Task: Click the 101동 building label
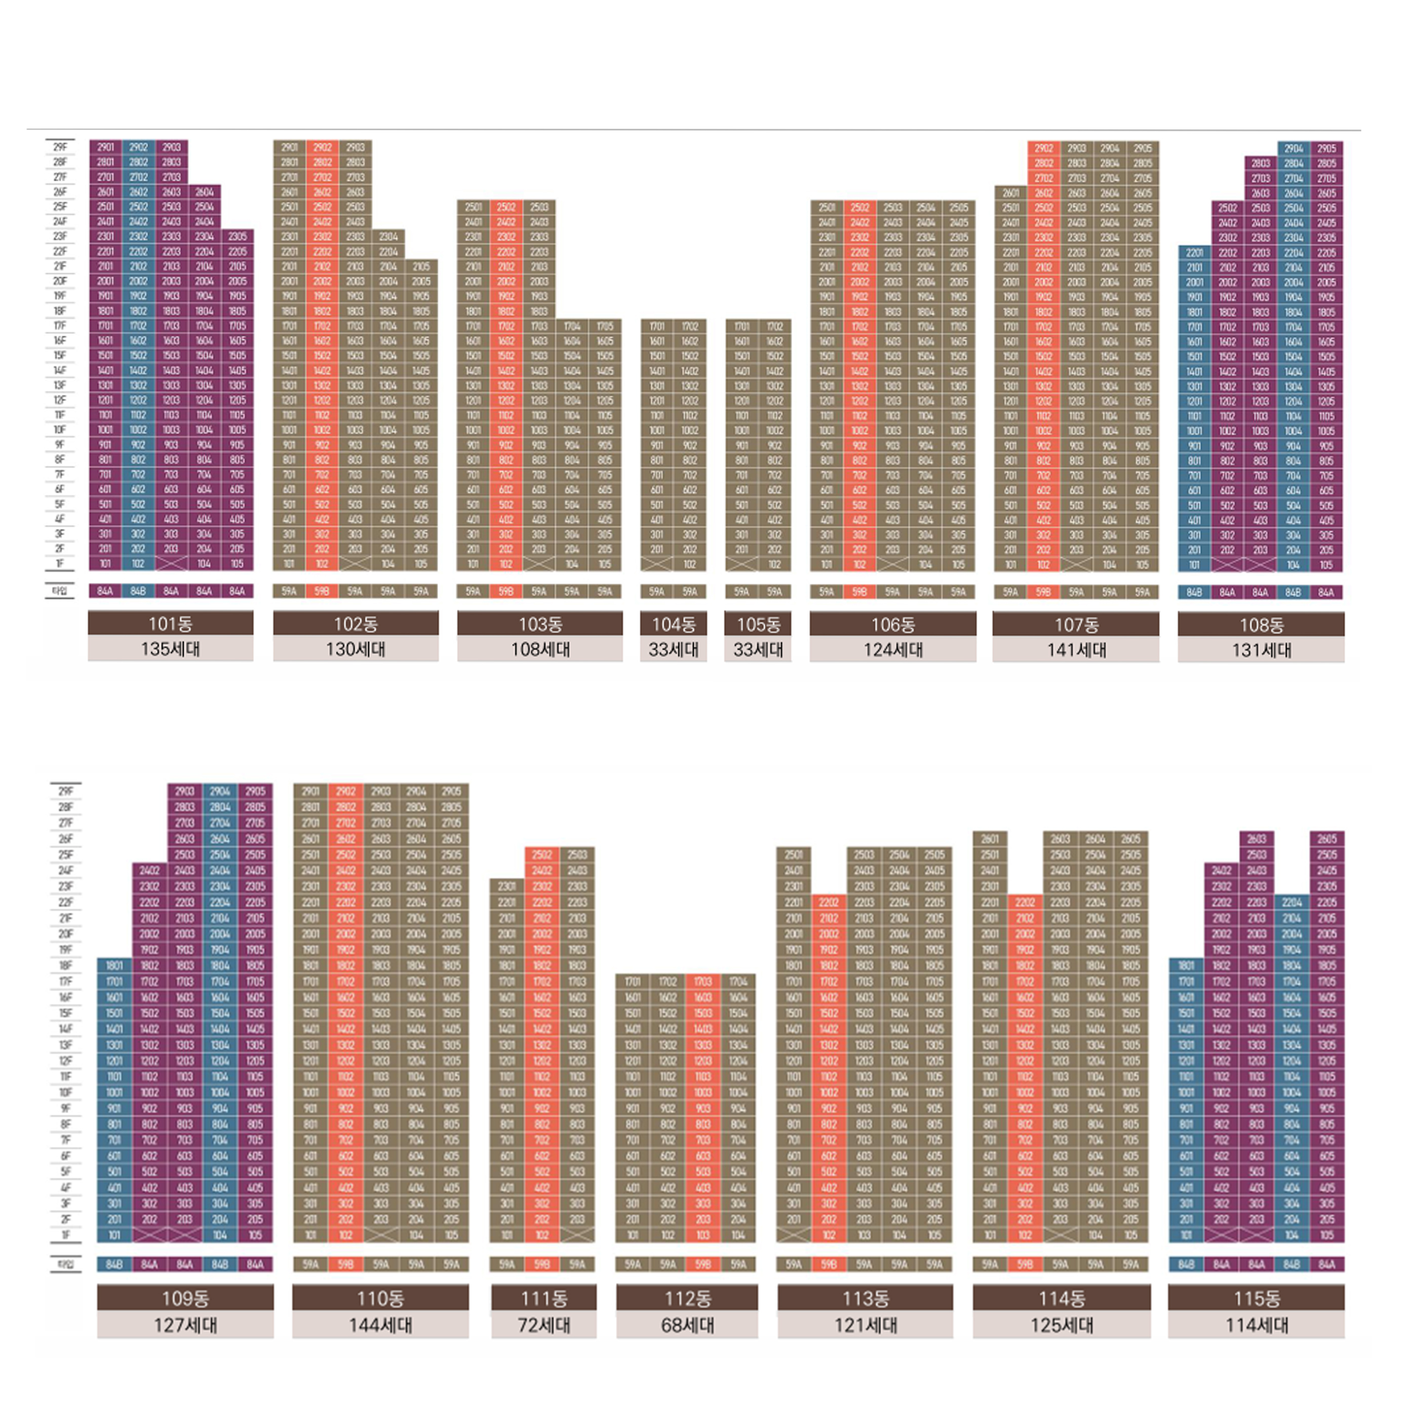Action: pos(170,623)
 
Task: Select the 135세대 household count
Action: pos(170,649)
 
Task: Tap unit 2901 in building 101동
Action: pos(105,147)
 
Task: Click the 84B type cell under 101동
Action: pos(138,592)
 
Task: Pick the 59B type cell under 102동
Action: pos(322,592)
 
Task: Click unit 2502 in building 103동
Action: pos(506,207)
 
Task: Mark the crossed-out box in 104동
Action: pos(657,564)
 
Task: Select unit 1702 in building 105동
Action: pos(775,326)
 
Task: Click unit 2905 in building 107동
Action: pos(1143,148)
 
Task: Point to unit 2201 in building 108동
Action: pos(1194,253)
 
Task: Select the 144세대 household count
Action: pos(380,1325)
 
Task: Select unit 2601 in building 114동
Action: pos(990,838)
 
